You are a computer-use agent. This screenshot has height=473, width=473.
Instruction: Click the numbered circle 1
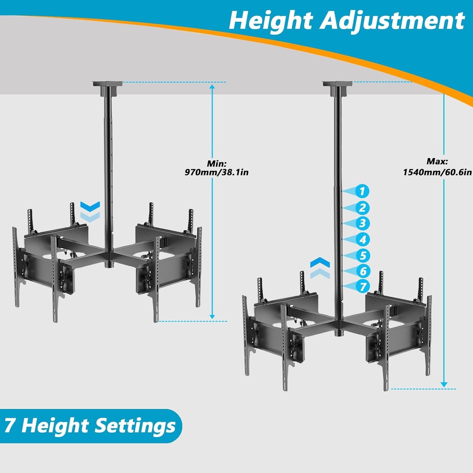tap(362, 191)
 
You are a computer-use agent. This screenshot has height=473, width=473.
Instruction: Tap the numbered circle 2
tap(362, 208)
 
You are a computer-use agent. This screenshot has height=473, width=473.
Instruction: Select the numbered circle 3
tap(362, 223)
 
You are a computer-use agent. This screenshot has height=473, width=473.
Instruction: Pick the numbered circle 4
tap(362, 240)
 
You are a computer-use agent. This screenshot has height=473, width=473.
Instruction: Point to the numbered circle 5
tap(362, 255)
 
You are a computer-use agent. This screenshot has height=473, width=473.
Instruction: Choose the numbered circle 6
tap(362, 271)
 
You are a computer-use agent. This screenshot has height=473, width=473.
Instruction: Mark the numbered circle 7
tap(362, 286)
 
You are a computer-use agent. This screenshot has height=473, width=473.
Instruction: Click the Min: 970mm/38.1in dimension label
tap(217, 168)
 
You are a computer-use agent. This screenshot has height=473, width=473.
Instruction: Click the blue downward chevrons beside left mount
tap(90, 211)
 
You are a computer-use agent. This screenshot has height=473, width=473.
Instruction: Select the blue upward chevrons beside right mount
tap(320, 268)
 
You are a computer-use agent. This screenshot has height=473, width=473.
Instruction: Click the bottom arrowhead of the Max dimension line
tap(444, 385)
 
